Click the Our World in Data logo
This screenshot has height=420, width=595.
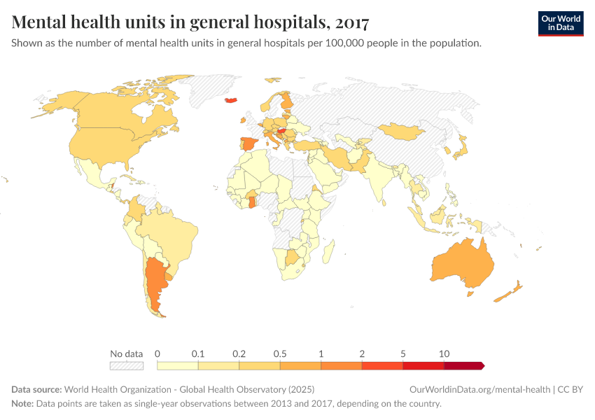click(x=560, y=23)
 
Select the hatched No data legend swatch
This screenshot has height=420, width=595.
click(x=126, y=365)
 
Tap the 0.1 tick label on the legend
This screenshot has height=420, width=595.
click(x=198, y=354)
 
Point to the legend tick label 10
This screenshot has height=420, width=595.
click(x=444, y=354)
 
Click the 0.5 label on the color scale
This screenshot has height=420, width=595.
click(x=280, y=354)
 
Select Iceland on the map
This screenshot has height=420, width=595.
click(x=233, y=100)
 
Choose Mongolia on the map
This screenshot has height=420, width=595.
click(x=402, y=131)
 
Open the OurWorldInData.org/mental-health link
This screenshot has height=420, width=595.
click(x=479, y=389)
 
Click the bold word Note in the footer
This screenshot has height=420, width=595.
click(x=23, y=404)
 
